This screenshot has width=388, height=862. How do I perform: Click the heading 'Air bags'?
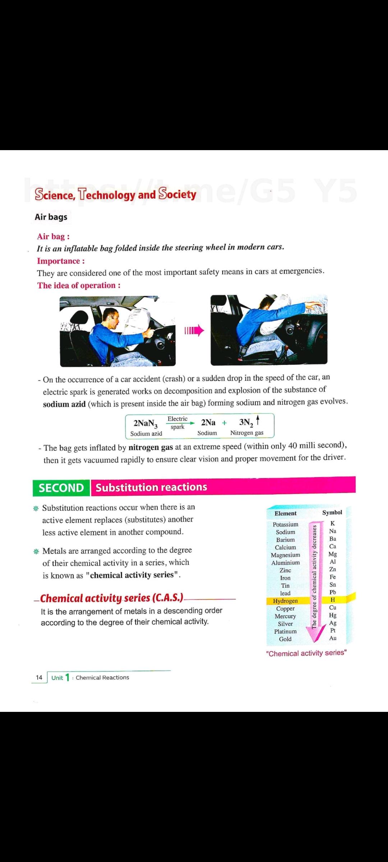click(x=51, y=217)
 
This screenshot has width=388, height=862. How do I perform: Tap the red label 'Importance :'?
click(x=61, y=261)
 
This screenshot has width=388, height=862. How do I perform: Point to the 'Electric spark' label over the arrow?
click(x=177, y=423)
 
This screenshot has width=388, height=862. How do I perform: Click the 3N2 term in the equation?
click(x=246, y=422)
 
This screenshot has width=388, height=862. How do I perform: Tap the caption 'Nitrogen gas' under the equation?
click(x=247, y=433)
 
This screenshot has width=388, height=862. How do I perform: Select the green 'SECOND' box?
click(x=61, y=488)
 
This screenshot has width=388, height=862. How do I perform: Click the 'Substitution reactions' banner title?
click(x=151, y=487)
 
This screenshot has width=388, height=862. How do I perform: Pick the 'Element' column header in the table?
click(x=286, y=513)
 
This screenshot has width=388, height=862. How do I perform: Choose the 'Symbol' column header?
click(x=332, y=513)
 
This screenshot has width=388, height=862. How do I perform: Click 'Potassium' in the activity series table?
click(x=286, y=524)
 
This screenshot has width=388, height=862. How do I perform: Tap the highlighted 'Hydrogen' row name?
click(x=285, y=601)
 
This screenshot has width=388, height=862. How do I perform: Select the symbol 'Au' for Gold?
click(x=333, y=638)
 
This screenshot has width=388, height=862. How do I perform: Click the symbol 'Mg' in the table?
click(x=333, y=554)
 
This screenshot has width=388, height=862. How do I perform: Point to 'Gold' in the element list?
click(x=285, y=639)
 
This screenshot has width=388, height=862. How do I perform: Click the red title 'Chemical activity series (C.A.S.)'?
click(x=112, y=598)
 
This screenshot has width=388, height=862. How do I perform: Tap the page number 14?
click(x=39, y=677)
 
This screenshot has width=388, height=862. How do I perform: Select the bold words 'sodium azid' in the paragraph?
click(x=64, y=404)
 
